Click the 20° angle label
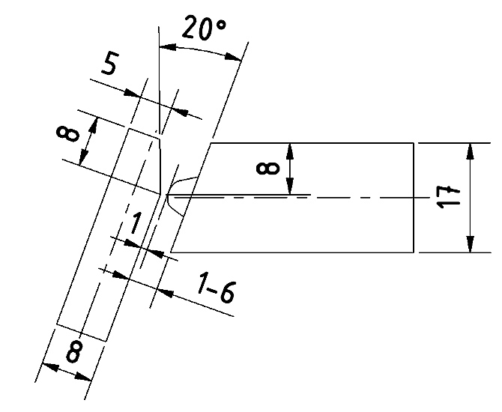(x=205, y=28)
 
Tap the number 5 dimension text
(x=109, y=64)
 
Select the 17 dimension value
(x=448, y=197)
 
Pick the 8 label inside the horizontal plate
(x=268, y=169)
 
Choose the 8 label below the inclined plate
(x=73, y=352)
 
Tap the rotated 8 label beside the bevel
(x=67, y=134)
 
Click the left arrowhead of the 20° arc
(x=168, y=47)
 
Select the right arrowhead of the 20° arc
(x=233, y=57)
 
